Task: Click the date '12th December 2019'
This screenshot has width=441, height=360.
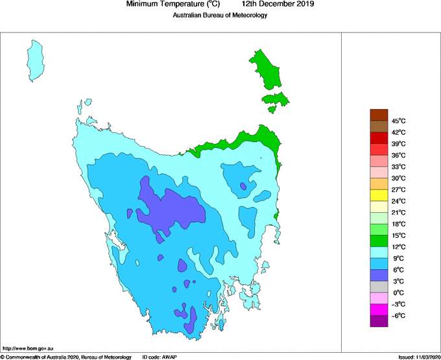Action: click(282, 5)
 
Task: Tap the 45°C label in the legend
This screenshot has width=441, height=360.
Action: click(398, 121)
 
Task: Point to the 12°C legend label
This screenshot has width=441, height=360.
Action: click(398, 247)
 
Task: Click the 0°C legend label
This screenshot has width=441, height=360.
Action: click(398, 293)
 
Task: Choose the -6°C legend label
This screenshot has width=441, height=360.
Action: click(398, 316)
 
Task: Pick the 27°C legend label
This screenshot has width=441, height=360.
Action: click(398, 190)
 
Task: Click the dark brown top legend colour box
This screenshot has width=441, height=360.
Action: click(379, 115)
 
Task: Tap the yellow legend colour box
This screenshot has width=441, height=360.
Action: click(379, 195)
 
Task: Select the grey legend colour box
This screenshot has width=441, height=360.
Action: click(379, 287)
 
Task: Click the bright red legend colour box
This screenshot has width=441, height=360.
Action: click(379, 138)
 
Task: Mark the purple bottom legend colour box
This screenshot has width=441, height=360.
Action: click(379, 321)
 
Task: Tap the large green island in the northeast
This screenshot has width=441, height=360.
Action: click(268, 68)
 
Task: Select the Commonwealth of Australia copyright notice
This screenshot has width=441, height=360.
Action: click(66, 357)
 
